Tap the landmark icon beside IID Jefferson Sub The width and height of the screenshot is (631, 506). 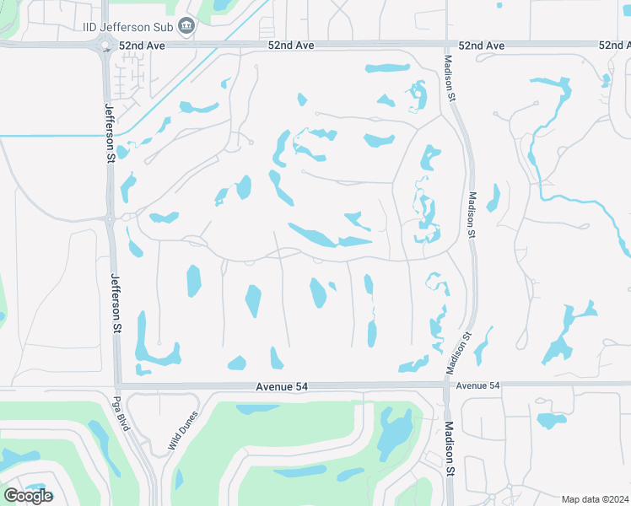[187, 26]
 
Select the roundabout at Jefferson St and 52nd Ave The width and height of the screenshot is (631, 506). [106, 45]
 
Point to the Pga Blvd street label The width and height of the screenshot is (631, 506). [123, 413]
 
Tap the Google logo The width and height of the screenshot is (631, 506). [27, 496]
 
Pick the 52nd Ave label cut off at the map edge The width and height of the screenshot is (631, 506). [614, 44]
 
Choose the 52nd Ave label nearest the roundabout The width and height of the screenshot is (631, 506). [139, 44]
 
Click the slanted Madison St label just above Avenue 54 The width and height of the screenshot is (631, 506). [459, 353]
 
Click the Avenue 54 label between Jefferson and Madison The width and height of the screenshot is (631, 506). [279, 386]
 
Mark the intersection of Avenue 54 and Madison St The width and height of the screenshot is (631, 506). [445, 385]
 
